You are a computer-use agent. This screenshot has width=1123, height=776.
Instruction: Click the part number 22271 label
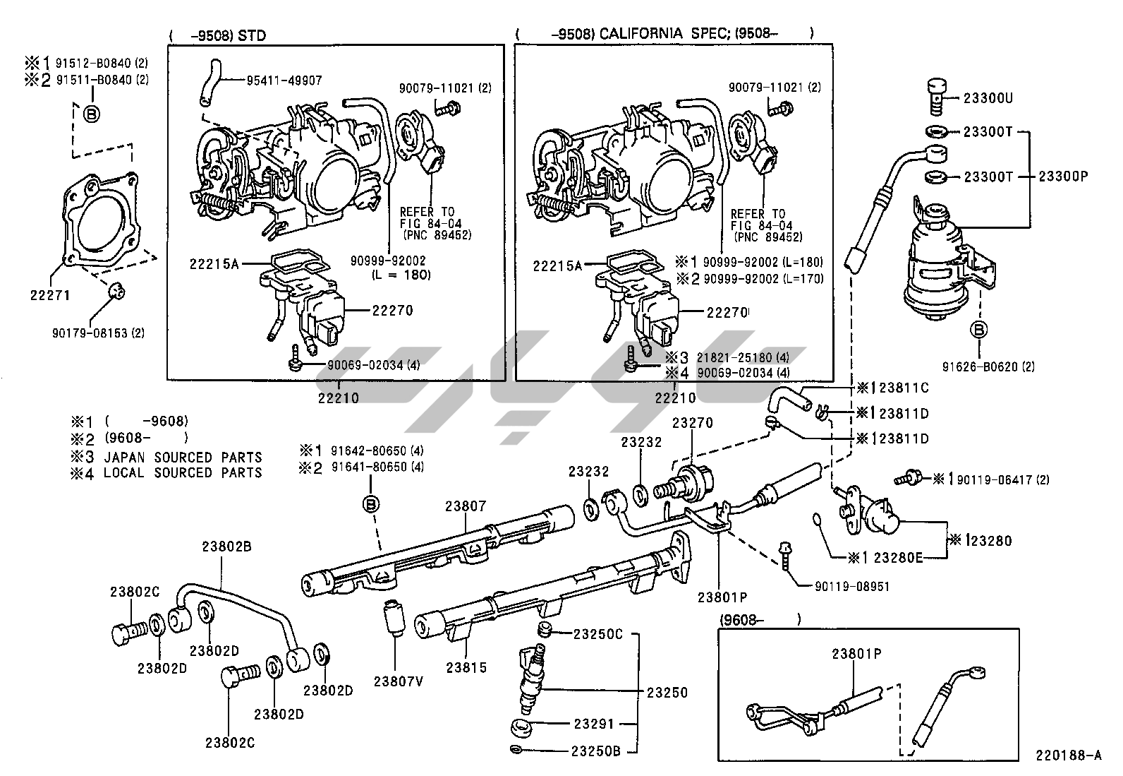(49, 297)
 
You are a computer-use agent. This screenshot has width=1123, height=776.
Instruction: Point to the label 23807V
(399, 681)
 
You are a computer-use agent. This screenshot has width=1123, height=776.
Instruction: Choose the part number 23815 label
(466, 667)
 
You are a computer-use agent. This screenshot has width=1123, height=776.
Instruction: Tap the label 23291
(594, 723)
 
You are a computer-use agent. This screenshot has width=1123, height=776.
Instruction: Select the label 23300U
(988, 99)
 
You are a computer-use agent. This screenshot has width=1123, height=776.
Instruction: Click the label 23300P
(1062, 177)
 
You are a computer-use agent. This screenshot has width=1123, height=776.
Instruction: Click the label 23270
(692, 423)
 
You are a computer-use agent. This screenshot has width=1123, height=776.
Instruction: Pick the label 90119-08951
(852, 586)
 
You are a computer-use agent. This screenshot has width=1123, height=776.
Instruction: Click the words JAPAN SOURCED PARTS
(183, 458)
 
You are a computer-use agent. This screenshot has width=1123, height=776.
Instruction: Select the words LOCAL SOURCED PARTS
(183, 473)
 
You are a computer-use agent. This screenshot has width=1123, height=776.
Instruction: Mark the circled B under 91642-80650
(372, 503)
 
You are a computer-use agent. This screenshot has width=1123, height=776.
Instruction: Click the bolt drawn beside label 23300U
(934, 96)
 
